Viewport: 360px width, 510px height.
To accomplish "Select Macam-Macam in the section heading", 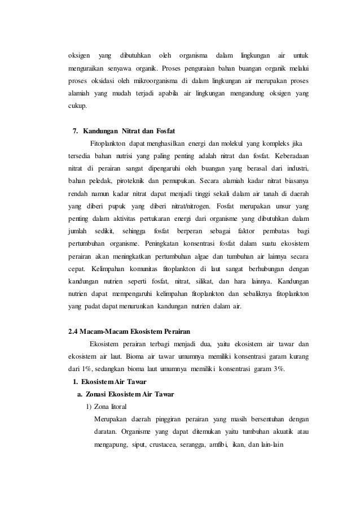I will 106,330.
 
